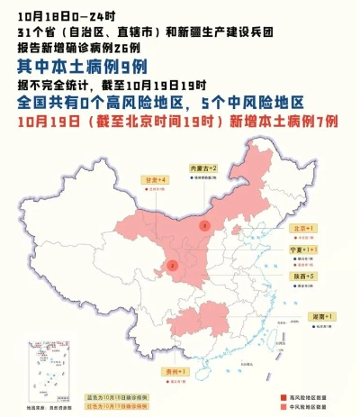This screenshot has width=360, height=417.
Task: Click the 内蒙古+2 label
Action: (x=203, y=168)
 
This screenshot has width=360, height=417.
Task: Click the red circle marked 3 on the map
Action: (x=204, y=224)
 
